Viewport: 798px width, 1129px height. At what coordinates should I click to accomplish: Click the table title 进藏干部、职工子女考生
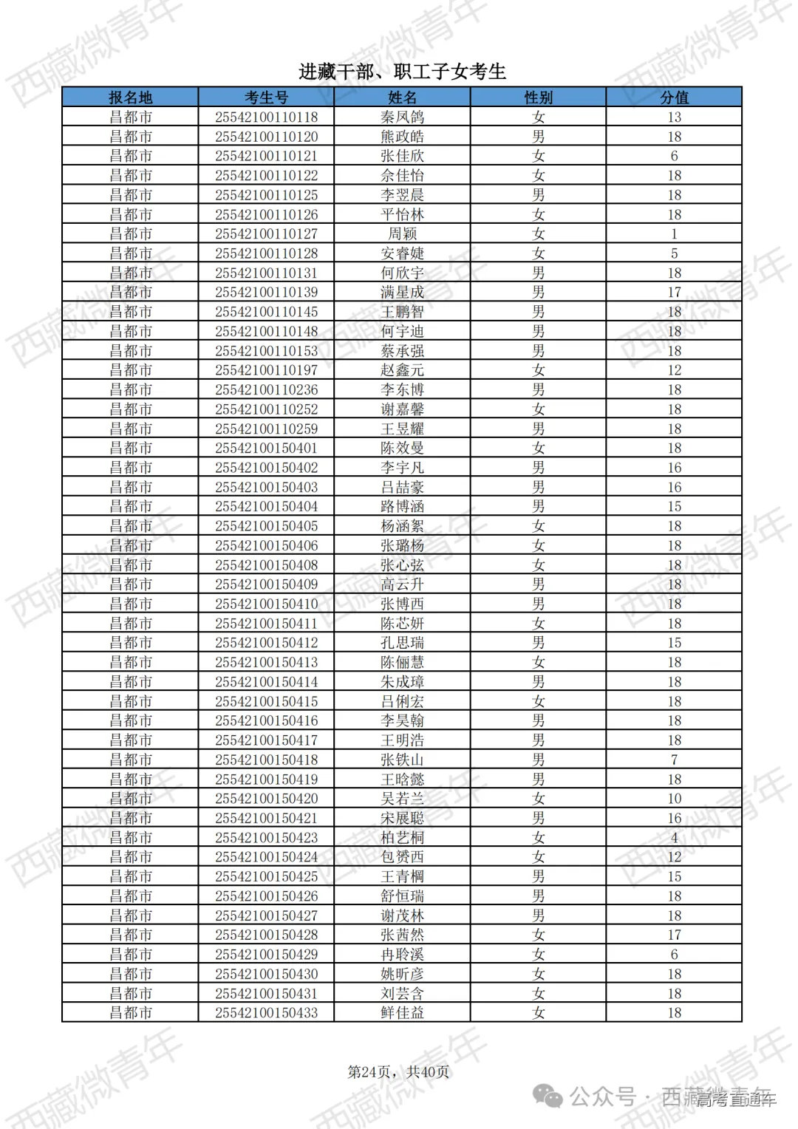coord(402,72)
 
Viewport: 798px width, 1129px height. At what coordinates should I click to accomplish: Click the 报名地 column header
coord(130,98)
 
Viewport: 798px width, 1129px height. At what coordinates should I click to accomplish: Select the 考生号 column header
coord(266,98)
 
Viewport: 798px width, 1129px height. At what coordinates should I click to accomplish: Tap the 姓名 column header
coord(402,98)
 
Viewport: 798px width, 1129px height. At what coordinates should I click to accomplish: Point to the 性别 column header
coord(538,98)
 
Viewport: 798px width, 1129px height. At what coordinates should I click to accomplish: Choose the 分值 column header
coord(674,98)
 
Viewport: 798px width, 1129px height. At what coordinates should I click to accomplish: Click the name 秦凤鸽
coord(402,117)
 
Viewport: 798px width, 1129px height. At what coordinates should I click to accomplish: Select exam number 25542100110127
coord(266,233)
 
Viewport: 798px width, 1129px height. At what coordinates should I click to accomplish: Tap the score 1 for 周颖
coord(674,233)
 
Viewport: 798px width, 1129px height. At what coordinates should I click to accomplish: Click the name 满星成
coord(402,292)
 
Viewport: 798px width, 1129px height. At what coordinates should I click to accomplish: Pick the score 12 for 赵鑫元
coord(674,370)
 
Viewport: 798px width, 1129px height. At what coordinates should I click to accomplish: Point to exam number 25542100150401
coord(266,448)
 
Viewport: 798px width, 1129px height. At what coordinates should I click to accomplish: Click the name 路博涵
coord(402,506)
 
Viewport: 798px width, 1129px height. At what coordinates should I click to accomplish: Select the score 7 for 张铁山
coord(674,760)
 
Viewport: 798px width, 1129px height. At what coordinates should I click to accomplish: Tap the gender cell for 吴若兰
coord(538,799)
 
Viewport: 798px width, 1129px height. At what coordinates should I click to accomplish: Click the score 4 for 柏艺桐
coord(674,837)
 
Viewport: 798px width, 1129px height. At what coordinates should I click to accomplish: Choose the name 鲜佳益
coord(402,1012)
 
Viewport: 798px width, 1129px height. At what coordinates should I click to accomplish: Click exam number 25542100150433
coord(266,1012)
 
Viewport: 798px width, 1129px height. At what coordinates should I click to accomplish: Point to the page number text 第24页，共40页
coord(398,1071)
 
